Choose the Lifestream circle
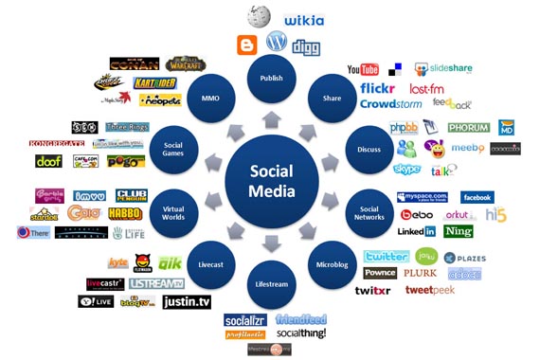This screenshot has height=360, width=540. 271,283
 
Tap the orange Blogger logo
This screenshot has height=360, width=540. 247,44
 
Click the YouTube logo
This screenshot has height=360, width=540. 363,69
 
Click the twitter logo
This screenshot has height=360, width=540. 387,256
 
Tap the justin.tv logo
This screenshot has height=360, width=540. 186,301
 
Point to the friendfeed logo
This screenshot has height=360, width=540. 301,320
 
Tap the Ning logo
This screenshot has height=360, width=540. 459,230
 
